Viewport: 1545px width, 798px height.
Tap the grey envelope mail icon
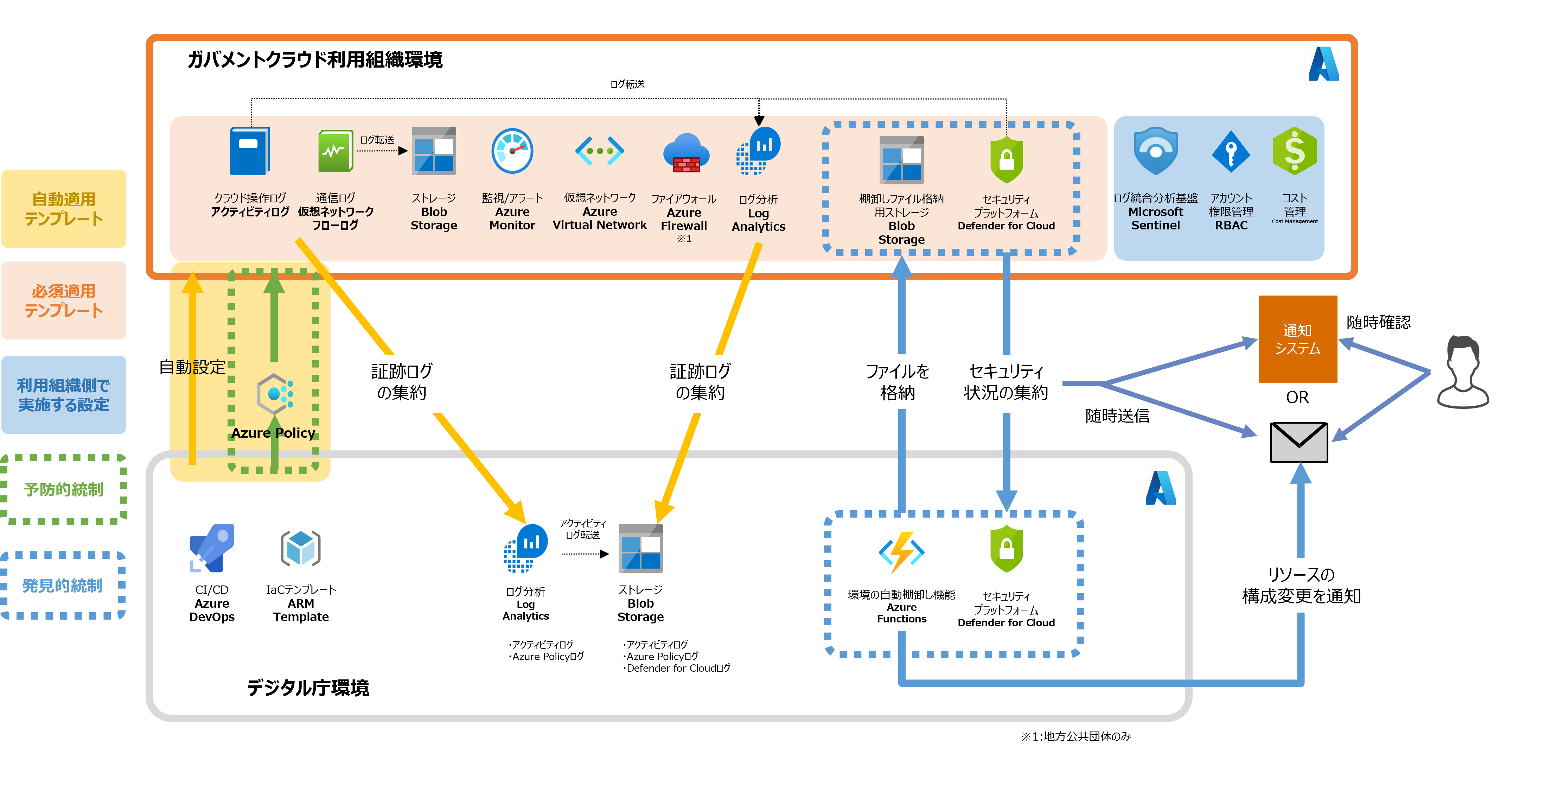point(1298,442)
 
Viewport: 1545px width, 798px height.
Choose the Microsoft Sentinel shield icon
point(1155,151)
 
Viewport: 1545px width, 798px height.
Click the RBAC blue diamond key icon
point(1231,152)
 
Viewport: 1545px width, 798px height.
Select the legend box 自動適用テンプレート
point(64,209)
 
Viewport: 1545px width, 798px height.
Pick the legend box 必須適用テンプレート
point(64,300)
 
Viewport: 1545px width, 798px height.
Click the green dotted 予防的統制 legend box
point(64,489)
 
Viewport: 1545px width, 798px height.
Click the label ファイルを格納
point(897,382)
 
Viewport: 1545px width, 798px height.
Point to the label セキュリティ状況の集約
point(1006,382)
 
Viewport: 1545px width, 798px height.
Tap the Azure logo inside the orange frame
point(1323,64)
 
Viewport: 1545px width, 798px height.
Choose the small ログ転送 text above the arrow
point(377,140)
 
